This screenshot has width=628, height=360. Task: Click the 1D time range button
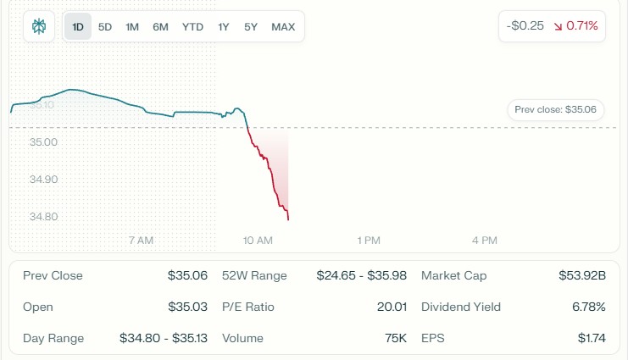click(78, 26)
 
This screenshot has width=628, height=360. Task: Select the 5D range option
click(105, 26)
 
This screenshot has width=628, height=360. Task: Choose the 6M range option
click(160, 26)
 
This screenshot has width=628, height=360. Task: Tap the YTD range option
click(192, 26)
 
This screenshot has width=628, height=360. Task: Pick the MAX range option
click(283, 26)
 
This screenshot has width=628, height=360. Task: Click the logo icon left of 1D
click(39, 26)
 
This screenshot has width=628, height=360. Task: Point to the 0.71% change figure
click(582, 26)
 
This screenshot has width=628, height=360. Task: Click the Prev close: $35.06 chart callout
click(555, 109)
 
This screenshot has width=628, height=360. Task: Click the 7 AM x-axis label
click(141, 241)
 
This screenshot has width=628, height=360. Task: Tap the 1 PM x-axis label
click(369, 241)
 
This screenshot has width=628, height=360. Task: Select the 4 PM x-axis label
click(484, 241)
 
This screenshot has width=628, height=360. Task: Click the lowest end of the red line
click(288, 219)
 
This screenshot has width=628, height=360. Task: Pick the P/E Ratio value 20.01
click(392, 307)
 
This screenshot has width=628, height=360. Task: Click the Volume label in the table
click(242, 338)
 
